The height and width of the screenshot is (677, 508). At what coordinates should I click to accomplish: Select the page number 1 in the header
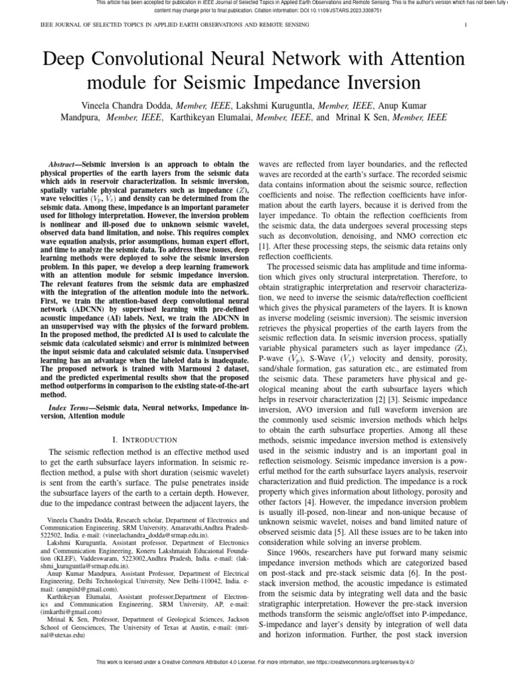[x=466, y=25]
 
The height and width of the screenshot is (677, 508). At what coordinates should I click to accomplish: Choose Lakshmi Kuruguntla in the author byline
[x=276, y=105]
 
